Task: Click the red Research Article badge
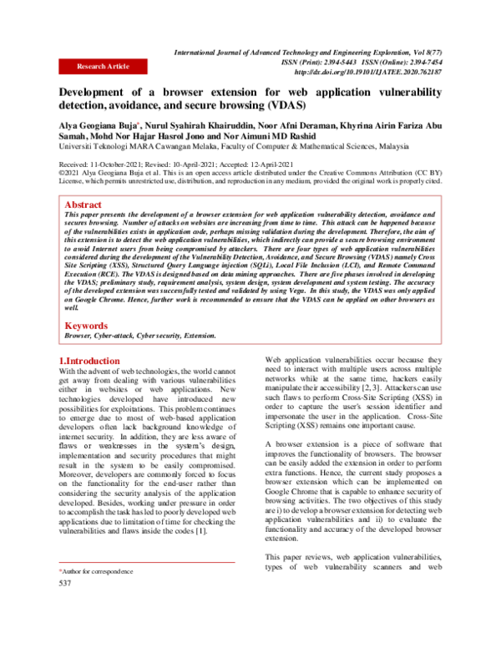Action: click(x=103, y=66)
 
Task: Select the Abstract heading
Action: click(x=85, y=204)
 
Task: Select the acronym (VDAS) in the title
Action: click(x=281, y=107)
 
